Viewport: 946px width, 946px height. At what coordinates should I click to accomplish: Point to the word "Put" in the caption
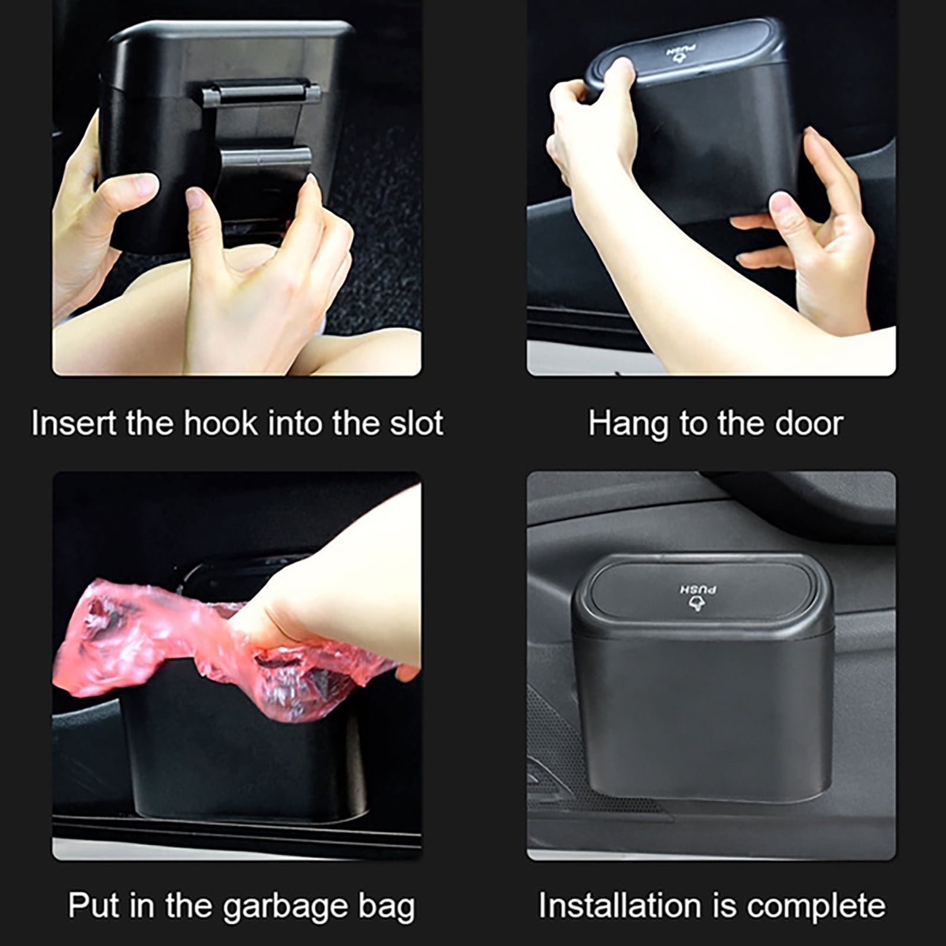pos(92,906)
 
